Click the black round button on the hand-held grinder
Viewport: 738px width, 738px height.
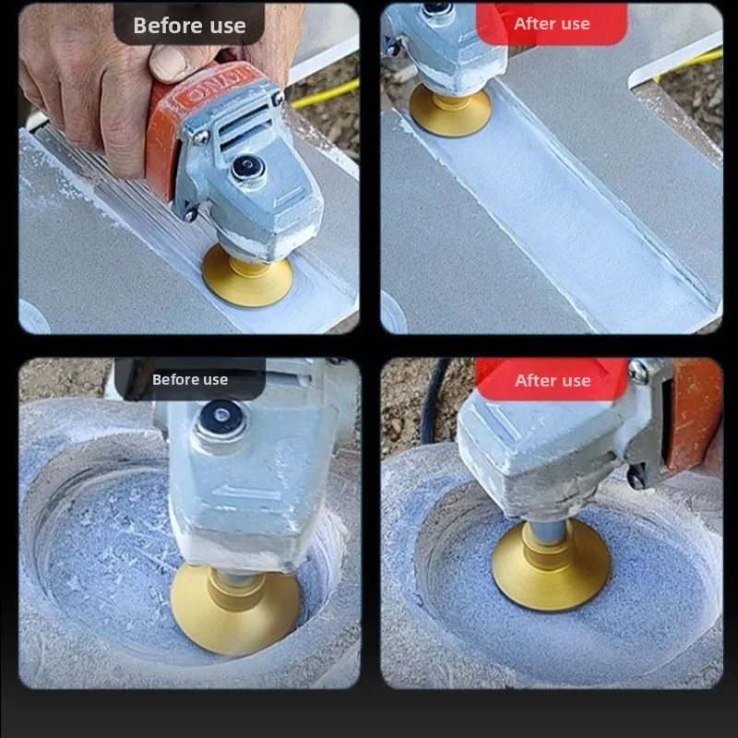(x=248, y=167)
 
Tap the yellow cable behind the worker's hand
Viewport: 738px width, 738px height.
(x=325, y=95)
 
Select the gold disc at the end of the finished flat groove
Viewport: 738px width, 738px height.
(x=450, y=111)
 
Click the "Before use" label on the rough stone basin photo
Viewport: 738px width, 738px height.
(x=190, y=379)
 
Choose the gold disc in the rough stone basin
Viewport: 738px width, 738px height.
(x=234, y=610)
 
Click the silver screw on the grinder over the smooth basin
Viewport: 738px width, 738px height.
(x=638, y=372)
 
